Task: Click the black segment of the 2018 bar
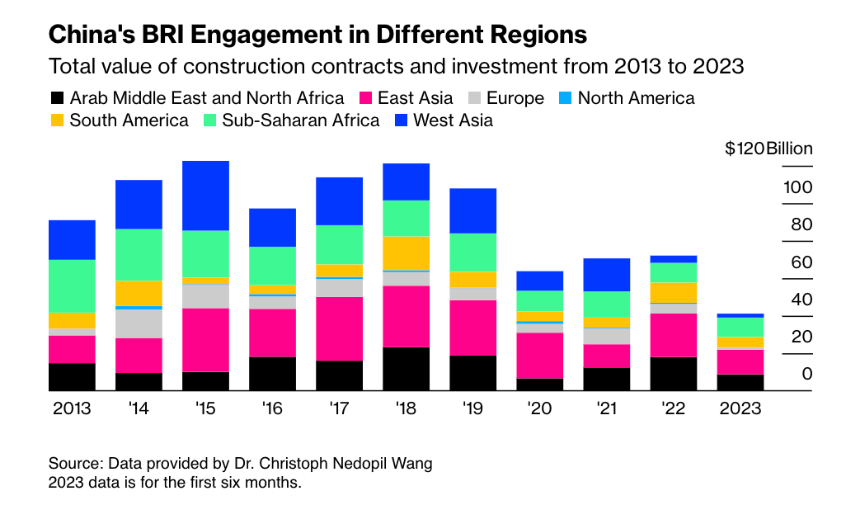point(406,369)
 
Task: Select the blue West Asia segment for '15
point(205,196)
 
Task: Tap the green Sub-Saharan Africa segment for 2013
point(72,286)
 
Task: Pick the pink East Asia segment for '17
point(339,328)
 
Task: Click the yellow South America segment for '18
point(406,253)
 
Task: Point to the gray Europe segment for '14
point(139,323)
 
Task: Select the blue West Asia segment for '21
point(606,275)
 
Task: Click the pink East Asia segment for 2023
point(740,361)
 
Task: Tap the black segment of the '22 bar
point(673,374)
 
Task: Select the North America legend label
point(636,98)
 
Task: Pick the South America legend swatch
point(57,120)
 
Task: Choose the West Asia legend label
point(453,120)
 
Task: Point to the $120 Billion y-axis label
point(768,149)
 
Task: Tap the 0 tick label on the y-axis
point(807,374)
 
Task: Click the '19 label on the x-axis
point(472,408)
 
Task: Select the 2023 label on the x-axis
point(740,408)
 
